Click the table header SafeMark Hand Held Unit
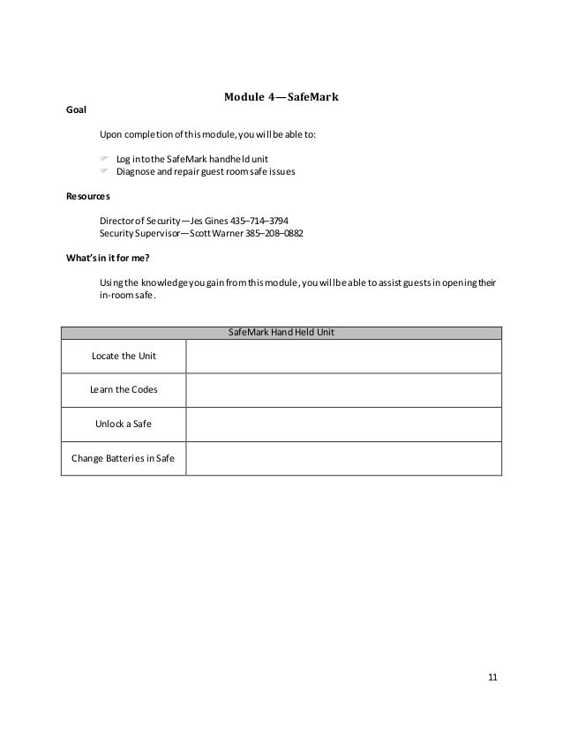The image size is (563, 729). pyautogui.click(x=281, y=332)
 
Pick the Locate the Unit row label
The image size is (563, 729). pyautogui.click(x=123, y=356)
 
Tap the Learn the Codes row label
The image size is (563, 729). pyautogui.click(x=123, y=389)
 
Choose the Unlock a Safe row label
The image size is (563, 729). pyautogui.click(x=123, y=424)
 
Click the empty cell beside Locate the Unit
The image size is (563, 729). pyautogui.click(x=343, y=356)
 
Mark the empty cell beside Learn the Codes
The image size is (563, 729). pyautogui.click(x=343, y=389)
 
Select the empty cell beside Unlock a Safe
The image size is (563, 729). pyautogui.click(x=343, y=424)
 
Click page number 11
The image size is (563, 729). pyautogui.click(x=492, y=677)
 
